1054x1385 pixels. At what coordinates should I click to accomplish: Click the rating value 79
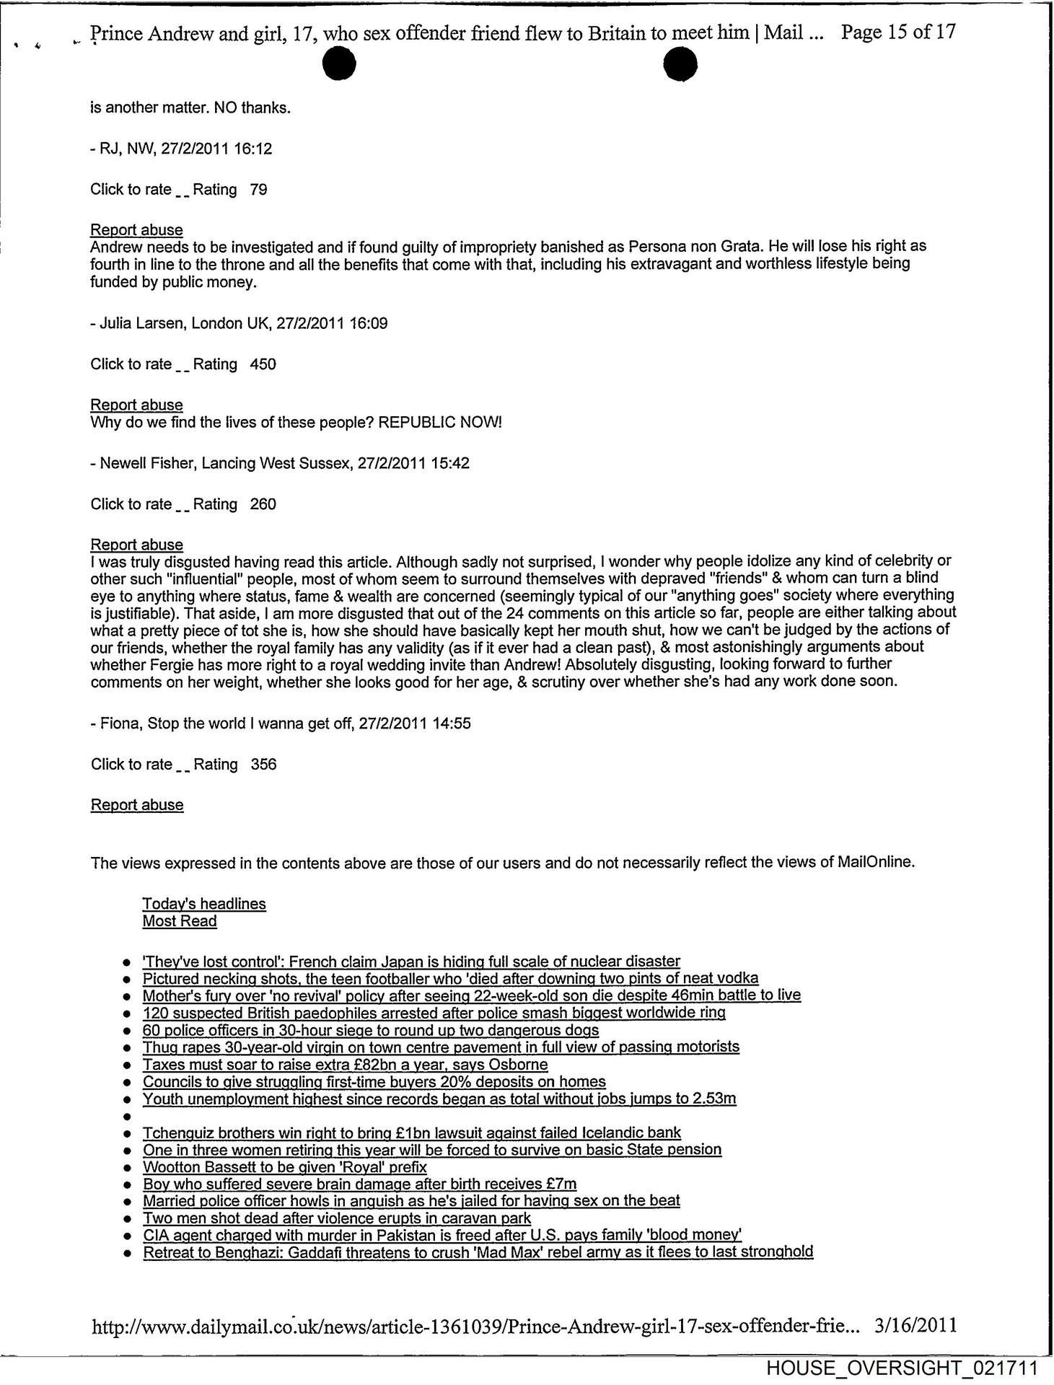pyautogui.click(x=258, y=190)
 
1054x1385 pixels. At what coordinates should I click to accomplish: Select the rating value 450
pyautogui.click(x=263, y=364)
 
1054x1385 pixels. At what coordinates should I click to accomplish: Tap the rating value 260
pyautogui.click(x=263, y=504)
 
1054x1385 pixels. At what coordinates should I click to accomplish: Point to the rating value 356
pyautogui.click(x=263, y=765)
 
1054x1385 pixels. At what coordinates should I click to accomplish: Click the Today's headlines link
pyautogui.click(x=204, y=904)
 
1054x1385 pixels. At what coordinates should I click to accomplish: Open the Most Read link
pyautogui.click(x=180, y=921)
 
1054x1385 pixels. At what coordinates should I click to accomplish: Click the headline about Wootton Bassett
pyautogui.click(x=285, y=1167)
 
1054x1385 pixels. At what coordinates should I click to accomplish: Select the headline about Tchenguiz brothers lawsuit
pyautogui.click(x=412, y=1133)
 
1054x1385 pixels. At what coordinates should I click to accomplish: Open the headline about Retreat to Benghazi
pyautogui.click(x=478, y=1252)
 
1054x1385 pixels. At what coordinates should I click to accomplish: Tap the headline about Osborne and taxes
pyautogui.click(x=345, y=1065)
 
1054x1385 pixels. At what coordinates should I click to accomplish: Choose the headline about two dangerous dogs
pyautogui.click(x=371, y=1030)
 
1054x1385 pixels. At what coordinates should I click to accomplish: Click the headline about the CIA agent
pyautogui.click(x=442, y=1234)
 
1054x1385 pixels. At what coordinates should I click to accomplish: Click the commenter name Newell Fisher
pyautogui.click(x=146, y=463)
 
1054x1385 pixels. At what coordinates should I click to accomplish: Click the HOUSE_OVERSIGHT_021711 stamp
pyautogui.click(x=902, y=1368)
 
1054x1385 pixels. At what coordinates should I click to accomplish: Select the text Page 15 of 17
pyautogui.click(x=899, y=33)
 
